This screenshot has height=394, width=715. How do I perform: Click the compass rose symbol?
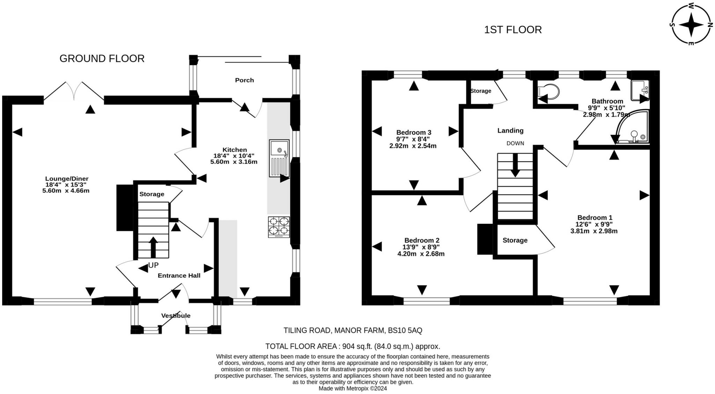691,25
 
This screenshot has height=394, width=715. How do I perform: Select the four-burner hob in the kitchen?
279,227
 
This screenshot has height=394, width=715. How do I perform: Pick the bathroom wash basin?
640,90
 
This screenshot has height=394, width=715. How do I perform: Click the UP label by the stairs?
153,265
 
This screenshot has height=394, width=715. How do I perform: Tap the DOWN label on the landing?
515,143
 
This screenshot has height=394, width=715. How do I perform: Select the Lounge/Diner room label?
67,179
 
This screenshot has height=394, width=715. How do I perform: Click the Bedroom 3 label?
414,132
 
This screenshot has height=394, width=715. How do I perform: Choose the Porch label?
244,80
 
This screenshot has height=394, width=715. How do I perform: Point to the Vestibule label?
176,315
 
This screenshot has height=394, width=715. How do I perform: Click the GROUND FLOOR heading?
102,58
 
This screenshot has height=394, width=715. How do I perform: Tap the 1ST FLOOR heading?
513,30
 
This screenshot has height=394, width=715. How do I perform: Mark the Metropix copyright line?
353,388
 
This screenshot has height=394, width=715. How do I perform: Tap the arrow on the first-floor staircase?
515,166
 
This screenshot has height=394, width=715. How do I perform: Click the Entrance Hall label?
179,276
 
